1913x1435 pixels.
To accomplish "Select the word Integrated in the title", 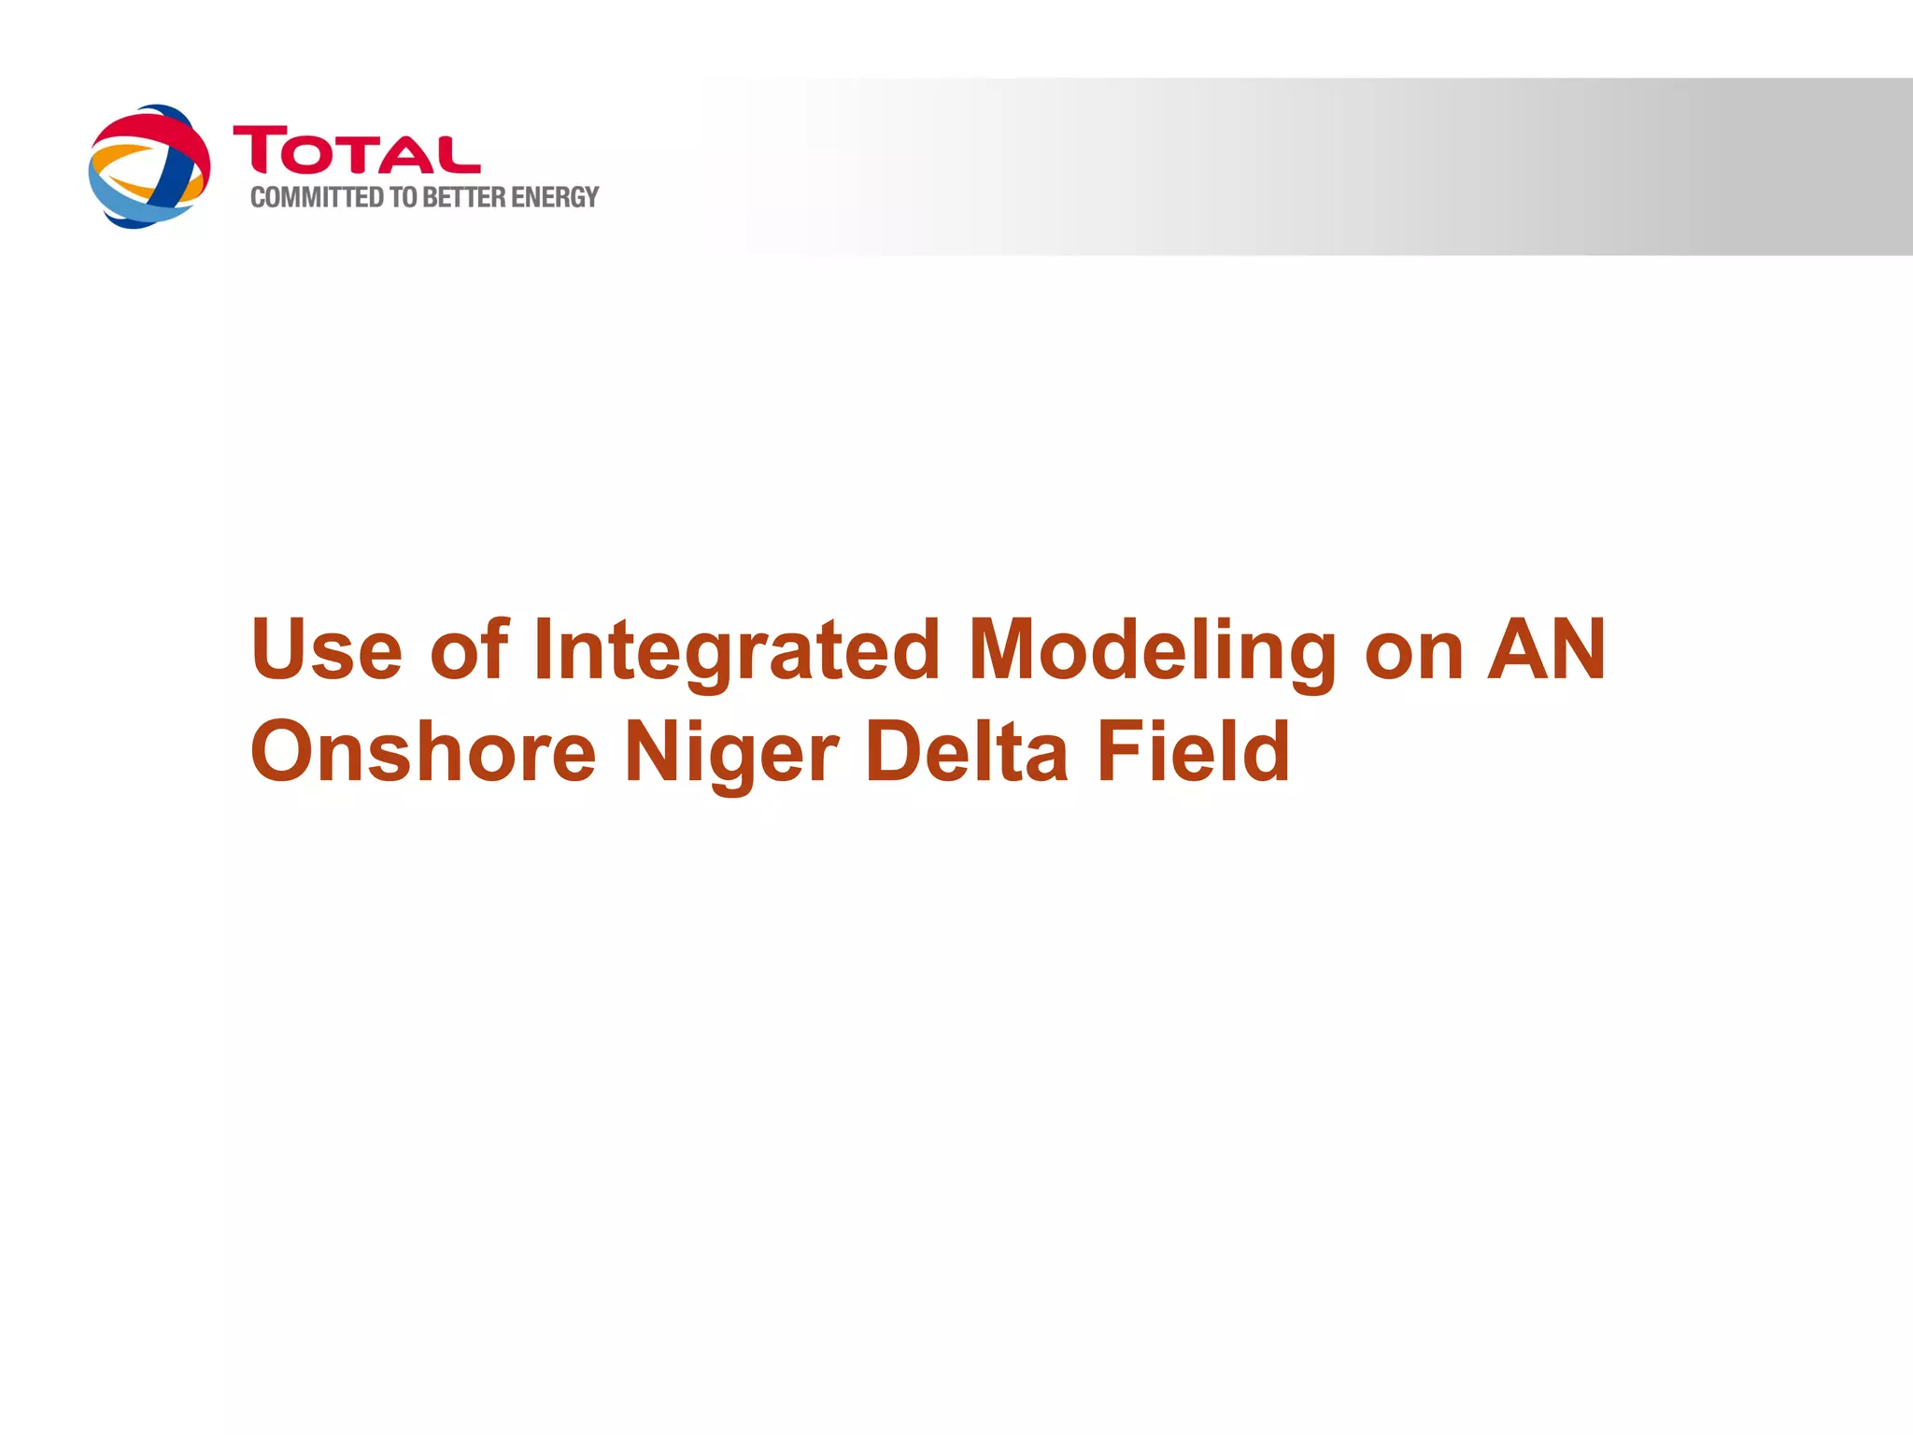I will pos(736,652).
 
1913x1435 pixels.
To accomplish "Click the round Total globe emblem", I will pos(149,166).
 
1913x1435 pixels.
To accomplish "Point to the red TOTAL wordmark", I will pos(357,150).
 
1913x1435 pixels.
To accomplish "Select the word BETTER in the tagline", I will pos(463,198).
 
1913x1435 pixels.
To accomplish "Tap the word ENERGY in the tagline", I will pos(555,198).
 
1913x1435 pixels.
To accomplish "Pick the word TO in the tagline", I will pos(403,198).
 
